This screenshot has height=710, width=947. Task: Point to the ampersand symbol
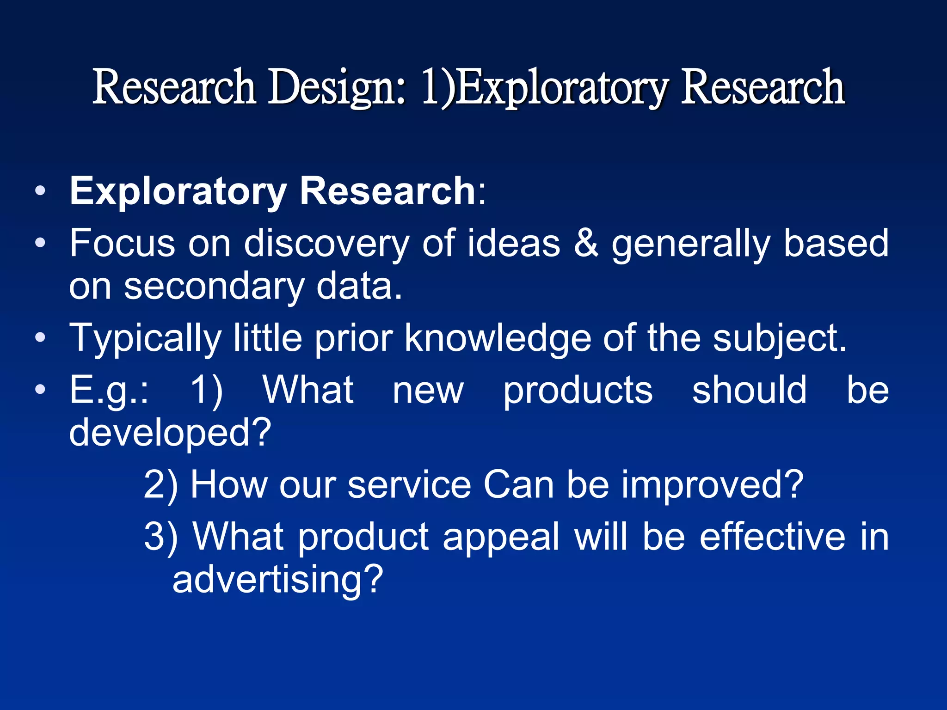click(x=586, y=243)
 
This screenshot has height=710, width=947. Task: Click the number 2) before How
click(x=160, y=485)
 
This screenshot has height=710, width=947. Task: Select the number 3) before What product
click(x=161, y=537)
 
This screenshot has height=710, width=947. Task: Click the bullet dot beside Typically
click(x=40, y=338)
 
